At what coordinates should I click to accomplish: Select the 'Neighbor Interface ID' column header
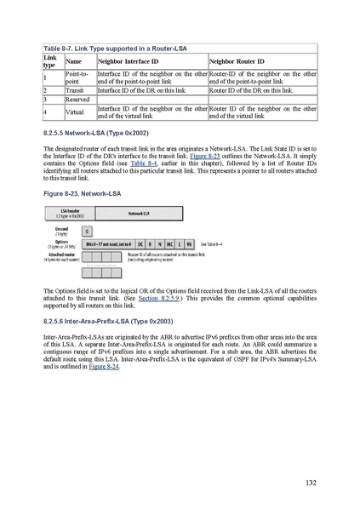[x=128, y=61]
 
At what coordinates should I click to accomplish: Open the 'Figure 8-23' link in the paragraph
[x=226, y=158]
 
